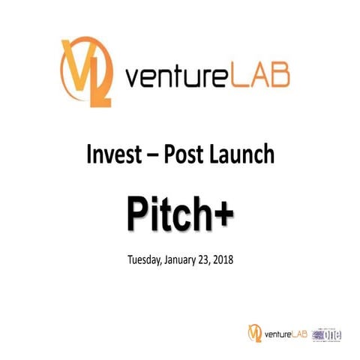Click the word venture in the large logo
coord(171,78)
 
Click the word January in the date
coord(187,261)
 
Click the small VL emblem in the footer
coord(254,333)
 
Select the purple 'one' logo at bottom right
coord(328,333)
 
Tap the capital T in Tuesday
coord(133,260)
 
